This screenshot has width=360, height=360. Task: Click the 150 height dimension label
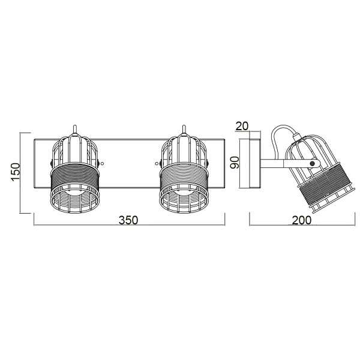click(x=17, y=172)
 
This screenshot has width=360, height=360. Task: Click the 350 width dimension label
click(x=128, y=220)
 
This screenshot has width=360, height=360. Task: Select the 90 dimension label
click(x=236, y=162)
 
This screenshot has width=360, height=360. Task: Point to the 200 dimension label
click(x=302, y=220)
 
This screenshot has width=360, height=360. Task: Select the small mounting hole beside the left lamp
click(x=101, y=163)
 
